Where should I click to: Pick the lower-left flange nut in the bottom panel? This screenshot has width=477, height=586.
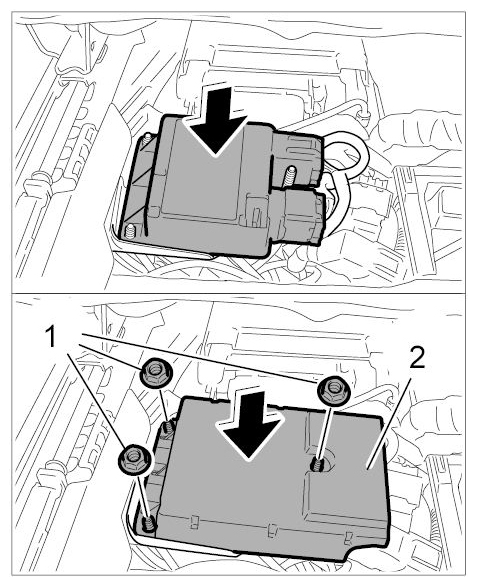[135, 459]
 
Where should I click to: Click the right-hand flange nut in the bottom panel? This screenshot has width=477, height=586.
[333, 391]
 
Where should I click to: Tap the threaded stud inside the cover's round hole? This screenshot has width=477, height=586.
[318, 465]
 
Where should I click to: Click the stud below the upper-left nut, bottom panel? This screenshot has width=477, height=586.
[168, 428]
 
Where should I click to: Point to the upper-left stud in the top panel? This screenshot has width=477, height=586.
[147, 139]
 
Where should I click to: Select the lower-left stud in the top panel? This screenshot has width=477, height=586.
[130, 232]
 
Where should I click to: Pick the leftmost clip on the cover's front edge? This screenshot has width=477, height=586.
[194, 522]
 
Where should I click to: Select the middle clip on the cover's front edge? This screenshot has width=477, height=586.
[273, 530]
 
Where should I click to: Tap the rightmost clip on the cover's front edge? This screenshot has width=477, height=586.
[349, 538]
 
